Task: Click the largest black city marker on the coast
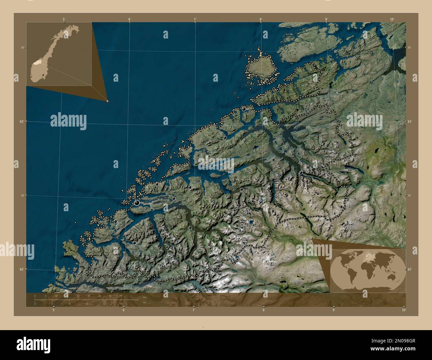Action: [137, 202]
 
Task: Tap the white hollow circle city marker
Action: [206, 163]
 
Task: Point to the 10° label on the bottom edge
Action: [404, 310]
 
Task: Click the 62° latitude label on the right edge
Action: [410, 269]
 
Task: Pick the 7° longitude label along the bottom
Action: [194, 310]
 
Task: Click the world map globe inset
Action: [368, 269]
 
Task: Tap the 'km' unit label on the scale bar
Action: [144, 297]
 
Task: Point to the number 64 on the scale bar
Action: [121, 296]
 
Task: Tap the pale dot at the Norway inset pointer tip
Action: [107, 101]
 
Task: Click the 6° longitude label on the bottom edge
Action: [124, 310]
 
